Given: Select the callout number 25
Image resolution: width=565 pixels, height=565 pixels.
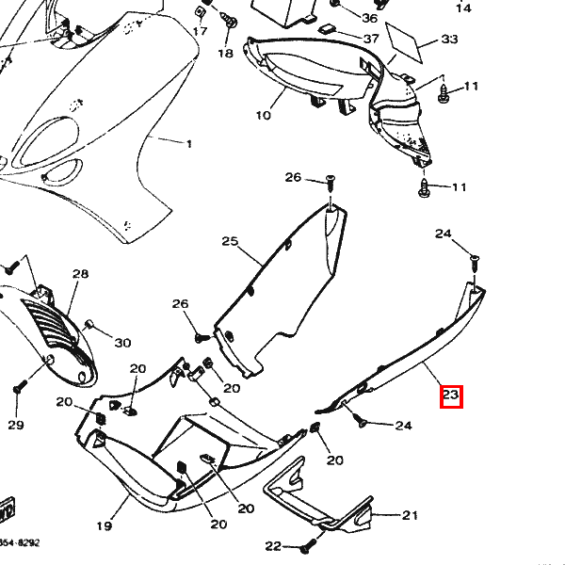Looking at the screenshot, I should (x=231, y=242).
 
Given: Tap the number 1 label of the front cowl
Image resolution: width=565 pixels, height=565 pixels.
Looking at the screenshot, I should (x=188, y=143).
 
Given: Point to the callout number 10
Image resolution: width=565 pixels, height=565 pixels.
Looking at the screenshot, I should (x=263, y=116).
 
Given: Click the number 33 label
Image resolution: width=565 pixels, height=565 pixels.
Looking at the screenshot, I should (x=449, y=40).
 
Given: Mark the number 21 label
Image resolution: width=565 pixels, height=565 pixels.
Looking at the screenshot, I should (x=410, y=515).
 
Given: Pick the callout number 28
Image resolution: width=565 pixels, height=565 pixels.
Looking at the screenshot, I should (x=80, y=274).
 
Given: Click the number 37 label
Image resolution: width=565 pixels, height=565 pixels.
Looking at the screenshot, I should (x=371, y=39).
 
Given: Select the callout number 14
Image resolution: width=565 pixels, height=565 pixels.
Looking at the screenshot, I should (x=463, y=8).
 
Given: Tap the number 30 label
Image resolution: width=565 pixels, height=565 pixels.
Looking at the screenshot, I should (x=122, y=342).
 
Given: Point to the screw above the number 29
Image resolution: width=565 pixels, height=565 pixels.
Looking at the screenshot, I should (x=17, y=388).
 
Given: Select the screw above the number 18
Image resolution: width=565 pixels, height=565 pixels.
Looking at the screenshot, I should (x=226, y=18).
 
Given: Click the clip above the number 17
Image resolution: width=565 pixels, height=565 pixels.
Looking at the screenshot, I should (x=200, y=11).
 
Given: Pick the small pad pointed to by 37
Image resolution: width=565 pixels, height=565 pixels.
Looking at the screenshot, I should (x=328, y=29).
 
